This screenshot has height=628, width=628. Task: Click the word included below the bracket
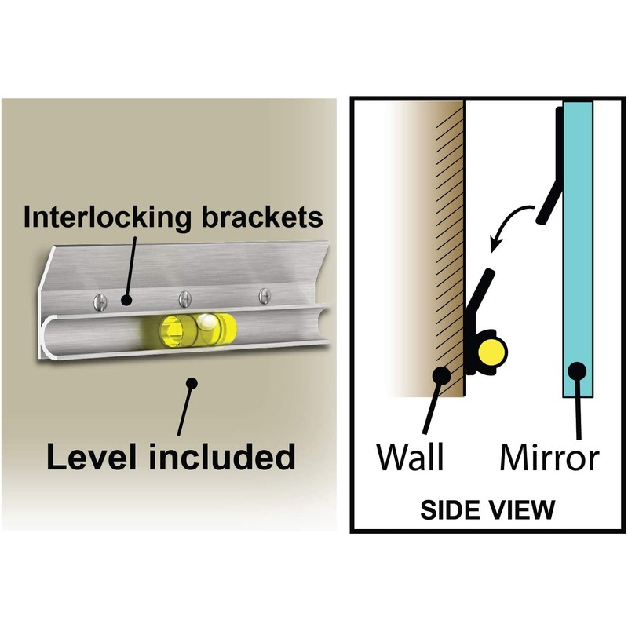tap(219, 455)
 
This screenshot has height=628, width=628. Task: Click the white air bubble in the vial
tap(207, 322)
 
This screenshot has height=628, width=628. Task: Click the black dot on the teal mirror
tap(579, 371)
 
